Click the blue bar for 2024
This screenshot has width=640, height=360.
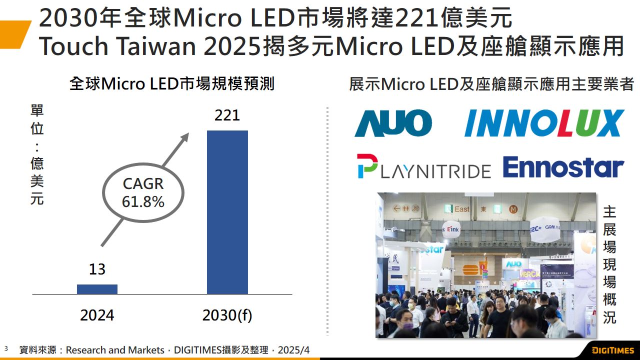tap(97, 289)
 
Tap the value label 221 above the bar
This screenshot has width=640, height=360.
tap(227, 115)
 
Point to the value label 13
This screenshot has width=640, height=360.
tap(97, 269)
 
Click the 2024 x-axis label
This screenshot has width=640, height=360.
tap(97, 315)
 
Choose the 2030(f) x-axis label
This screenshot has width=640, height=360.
tap(227, 315)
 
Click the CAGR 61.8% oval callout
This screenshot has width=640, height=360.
tap(143, 192)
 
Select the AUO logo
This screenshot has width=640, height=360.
tap(393, 123)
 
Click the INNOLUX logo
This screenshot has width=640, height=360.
tap(544, 123)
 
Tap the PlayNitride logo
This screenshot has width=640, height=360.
tap(424, 167)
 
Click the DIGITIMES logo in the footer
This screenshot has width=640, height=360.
tap(612, 350)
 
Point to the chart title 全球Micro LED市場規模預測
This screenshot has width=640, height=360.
tap(172, 83)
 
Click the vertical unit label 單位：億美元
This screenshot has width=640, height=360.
tap(37, 155)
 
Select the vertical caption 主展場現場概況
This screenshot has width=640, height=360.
tap(609, 264)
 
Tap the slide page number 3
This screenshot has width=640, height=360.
tap(6, 348)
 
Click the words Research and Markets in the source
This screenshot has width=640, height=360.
tap(115, 350)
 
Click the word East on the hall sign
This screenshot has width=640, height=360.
tap(462, 209)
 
